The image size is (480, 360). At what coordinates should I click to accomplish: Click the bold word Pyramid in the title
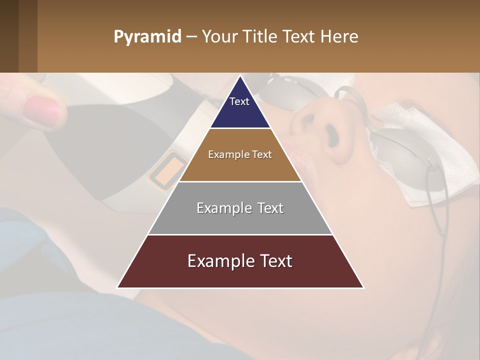click(147, 37)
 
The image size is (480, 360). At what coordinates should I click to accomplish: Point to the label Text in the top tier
click(239, 101)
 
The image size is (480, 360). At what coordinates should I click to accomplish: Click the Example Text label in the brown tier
click(240, 154)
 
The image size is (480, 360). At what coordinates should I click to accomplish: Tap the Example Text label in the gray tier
click(240, 208)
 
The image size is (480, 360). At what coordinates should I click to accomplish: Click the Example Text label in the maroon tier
click(240, 261)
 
